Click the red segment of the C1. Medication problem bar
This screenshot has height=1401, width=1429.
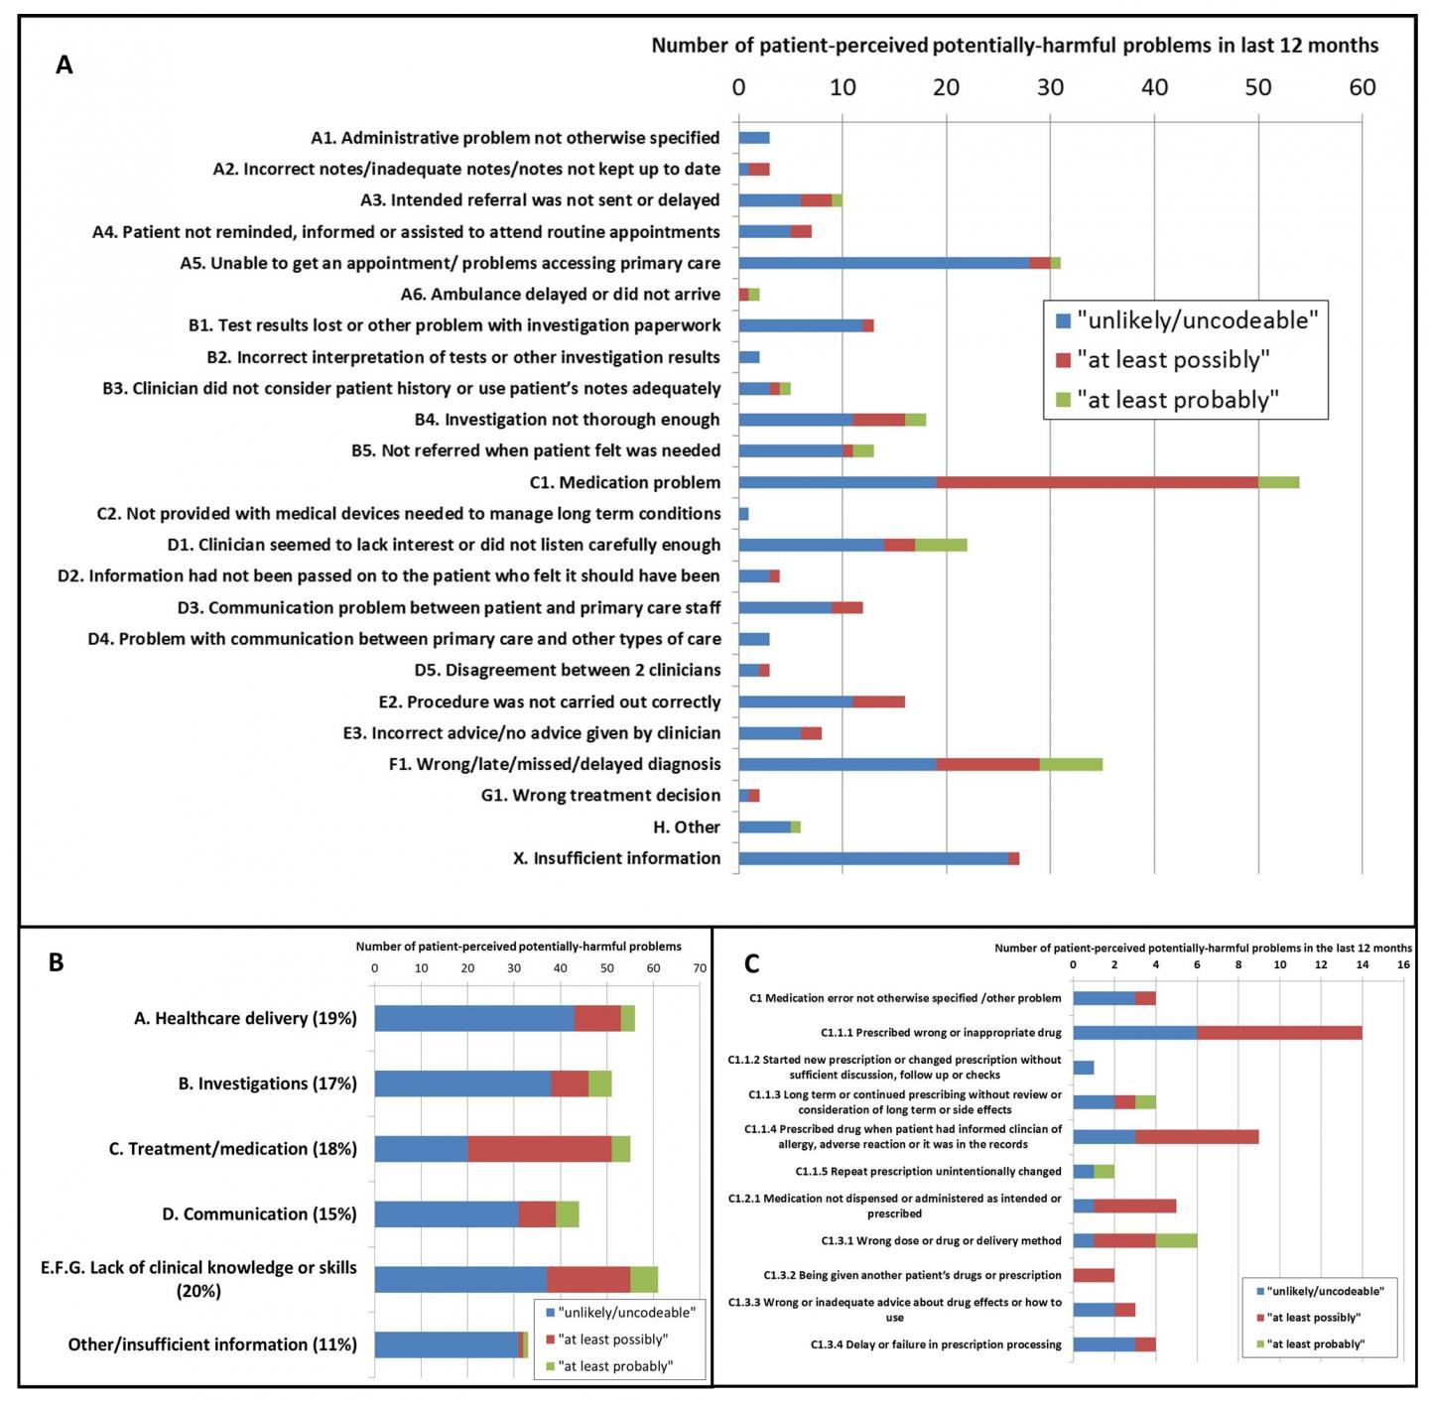coord(1097,482)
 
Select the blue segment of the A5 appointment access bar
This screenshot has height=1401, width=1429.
coord(883,263)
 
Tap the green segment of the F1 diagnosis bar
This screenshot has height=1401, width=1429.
coord(1071,764)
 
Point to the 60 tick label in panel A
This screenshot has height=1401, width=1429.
coord(1362,87)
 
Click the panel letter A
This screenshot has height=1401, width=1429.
coord(65,65)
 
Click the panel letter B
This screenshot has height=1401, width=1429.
coord(57,962)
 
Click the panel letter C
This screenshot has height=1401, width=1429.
coord(752,963)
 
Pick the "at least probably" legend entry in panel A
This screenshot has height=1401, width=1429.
coord(1177,400)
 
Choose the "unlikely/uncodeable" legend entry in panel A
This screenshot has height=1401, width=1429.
coord(1196,320)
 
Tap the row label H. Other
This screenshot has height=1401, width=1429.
coord(686,827)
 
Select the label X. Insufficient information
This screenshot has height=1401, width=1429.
coord(616,858)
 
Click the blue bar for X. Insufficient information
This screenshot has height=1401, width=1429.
coord(873,858)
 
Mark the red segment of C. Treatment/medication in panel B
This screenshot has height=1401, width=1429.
coord(539,1149)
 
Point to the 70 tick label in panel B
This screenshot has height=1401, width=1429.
coord(700,968)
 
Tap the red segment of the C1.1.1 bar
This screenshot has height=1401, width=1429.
coord(1279,1033)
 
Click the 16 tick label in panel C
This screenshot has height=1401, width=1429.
coord(1403,964)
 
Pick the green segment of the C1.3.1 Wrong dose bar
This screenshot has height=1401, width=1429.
coord(1176,1240)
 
